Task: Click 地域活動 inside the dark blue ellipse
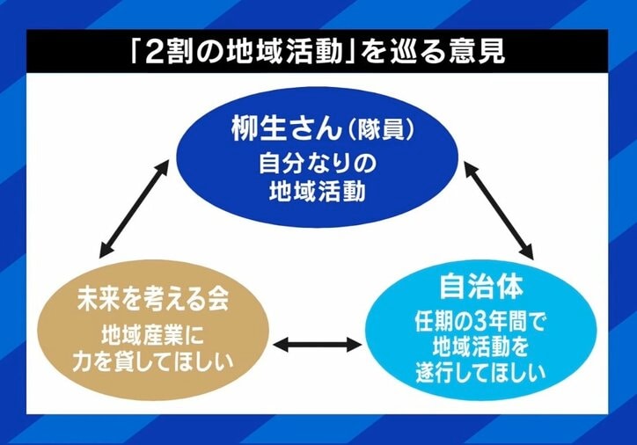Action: pyautogui.click(x=318, y=192)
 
